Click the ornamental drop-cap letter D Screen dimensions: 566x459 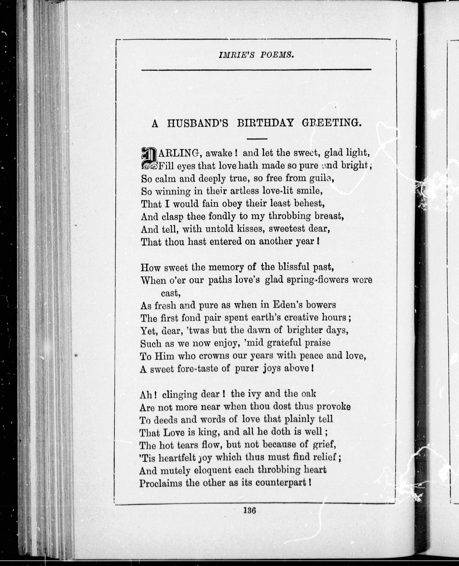[x=149, y=158]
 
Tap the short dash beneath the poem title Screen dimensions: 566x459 [x=257, y=139]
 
